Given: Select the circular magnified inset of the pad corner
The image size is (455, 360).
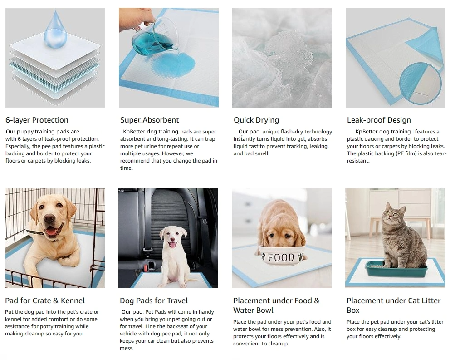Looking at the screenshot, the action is point(420,84).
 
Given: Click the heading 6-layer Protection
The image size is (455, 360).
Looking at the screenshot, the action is point(37,120).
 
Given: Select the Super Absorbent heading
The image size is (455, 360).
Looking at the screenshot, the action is point(149,120).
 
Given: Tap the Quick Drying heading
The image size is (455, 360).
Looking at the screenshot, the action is point(256,120).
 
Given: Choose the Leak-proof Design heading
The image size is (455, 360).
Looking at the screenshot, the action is point(379,120).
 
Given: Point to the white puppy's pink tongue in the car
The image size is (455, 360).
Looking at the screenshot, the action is point(172,244).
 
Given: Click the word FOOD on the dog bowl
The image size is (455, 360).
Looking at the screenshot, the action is point(281,257).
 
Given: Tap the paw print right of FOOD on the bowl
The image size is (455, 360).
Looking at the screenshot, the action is point(301,256).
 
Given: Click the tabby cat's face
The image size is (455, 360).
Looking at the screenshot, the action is point(392,215).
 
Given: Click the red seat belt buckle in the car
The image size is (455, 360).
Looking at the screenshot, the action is point(151,265).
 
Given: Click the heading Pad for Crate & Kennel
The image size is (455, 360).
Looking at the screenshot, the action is point(45,301).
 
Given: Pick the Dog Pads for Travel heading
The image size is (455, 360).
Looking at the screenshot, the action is point(154,301).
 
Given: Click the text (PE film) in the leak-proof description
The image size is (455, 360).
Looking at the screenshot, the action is point(406,153).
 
